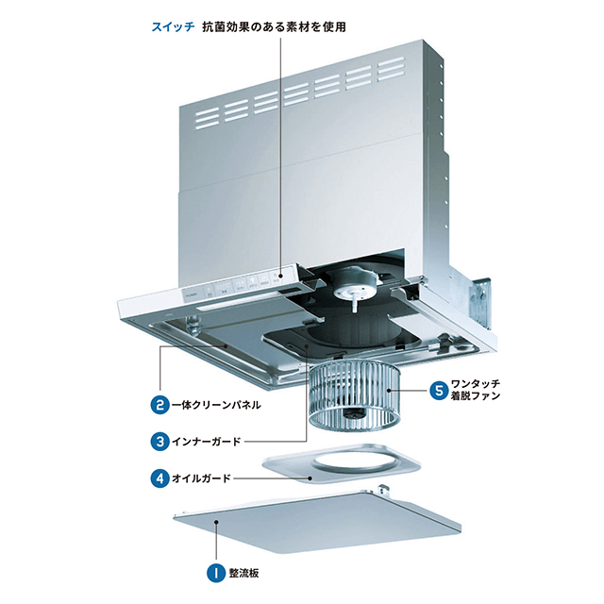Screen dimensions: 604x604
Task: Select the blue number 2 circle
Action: tap(159, 406)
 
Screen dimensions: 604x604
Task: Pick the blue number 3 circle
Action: tap(159, 440)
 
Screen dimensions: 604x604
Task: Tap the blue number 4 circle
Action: tap(159, 477)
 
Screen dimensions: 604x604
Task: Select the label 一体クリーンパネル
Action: tap(217, 406)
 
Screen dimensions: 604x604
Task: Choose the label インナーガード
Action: tap(210, 440)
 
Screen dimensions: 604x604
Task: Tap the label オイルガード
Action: tap(204, 477)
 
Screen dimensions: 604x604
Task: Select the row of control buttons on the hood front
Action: tap(241, 282)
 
